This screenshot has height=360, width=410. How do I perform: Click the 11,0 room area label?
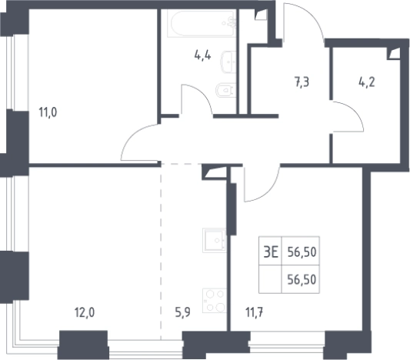[x=48, y=112]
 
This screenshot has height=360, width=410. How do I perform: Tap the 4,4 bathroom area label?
[x=202, y=55]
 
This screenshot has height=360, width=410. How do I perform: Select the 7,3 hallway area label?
[x=302, y=82]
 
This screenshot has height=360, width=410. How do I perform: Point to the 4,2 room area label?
[x=367, y=82]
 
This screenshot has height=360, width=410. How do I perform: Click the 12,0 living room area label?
[x=85, y=312]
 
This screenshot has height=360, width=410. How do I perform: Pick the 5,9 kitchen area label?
[x=182, y=312]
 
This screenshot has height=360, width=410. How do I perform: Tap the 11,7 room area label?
[x=254, y=312]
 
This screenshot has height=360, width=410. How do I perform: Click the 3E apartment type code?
[x=271, y=252]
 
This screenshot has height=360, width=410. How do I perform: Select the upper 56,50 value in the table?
[x=302, y=252]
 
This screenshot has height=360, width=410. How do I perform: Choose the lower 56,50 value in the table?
[x=302, y=280]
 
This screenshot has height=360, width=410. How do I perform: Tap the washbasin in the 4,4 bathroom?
[x=228, y=62]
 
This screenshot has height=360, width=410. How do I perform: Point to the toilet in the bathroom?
[x=226, y=90]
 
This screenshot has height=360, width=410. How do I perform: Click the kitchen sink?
[x=214, y=240]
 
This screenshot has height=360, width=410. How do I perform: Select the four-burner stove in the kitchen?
[x=214, y=301]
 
